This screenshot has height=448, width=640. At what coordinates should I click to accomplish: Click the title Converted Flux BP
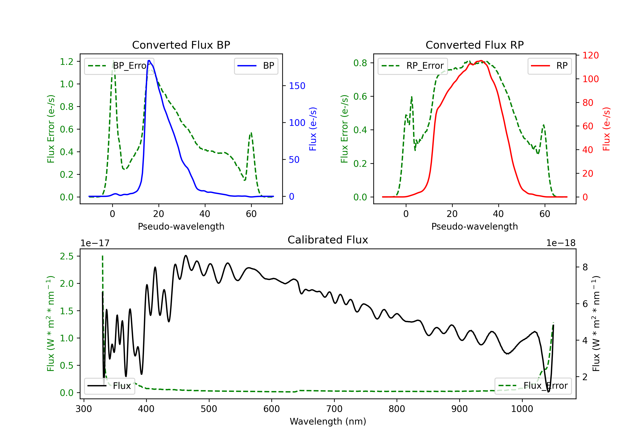[181, 45]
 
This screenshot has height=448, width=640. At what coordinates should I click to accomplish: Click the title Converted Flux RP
[475, 45]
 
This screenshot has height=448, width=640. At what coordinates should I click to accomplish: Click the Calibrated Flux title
[328, 240]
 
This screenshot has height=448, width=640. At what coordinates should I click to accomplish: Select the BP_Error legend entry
[119, 66]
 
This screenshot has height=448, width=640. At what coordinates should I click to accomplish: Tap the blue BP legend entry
[256, 66]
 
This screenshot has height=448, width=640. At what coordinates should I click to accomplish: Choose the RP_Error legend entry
[413, 66]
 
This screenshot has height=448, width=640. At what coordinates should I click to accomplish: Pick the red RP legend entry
[549, 66]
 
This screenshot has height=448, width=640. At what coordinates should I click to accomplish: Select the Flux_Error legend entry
[533, 386]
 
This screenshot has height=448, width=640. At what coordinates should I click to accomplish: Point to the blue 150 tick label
[297, 86]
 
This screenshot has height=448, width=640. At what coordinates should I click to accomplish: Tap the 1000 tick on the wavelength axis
[522, 409]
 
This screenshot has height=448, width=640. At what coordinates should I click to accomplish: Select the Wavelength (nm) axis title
[328, 422]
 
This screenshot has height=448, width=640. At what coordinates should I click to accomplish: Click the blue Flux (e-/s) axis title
[313, 129]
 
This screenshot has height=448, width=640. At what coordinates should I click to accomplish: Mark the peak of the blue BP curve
[149, 61]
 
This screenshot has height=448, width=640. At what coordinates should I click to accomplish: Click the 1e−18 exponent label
[561, 243]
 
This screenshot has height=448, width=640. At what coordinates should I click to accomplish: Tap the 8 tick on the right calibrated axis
[585, 267]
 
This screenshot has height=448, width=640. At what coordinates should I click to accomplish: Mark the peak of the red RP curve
[481, 61]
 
